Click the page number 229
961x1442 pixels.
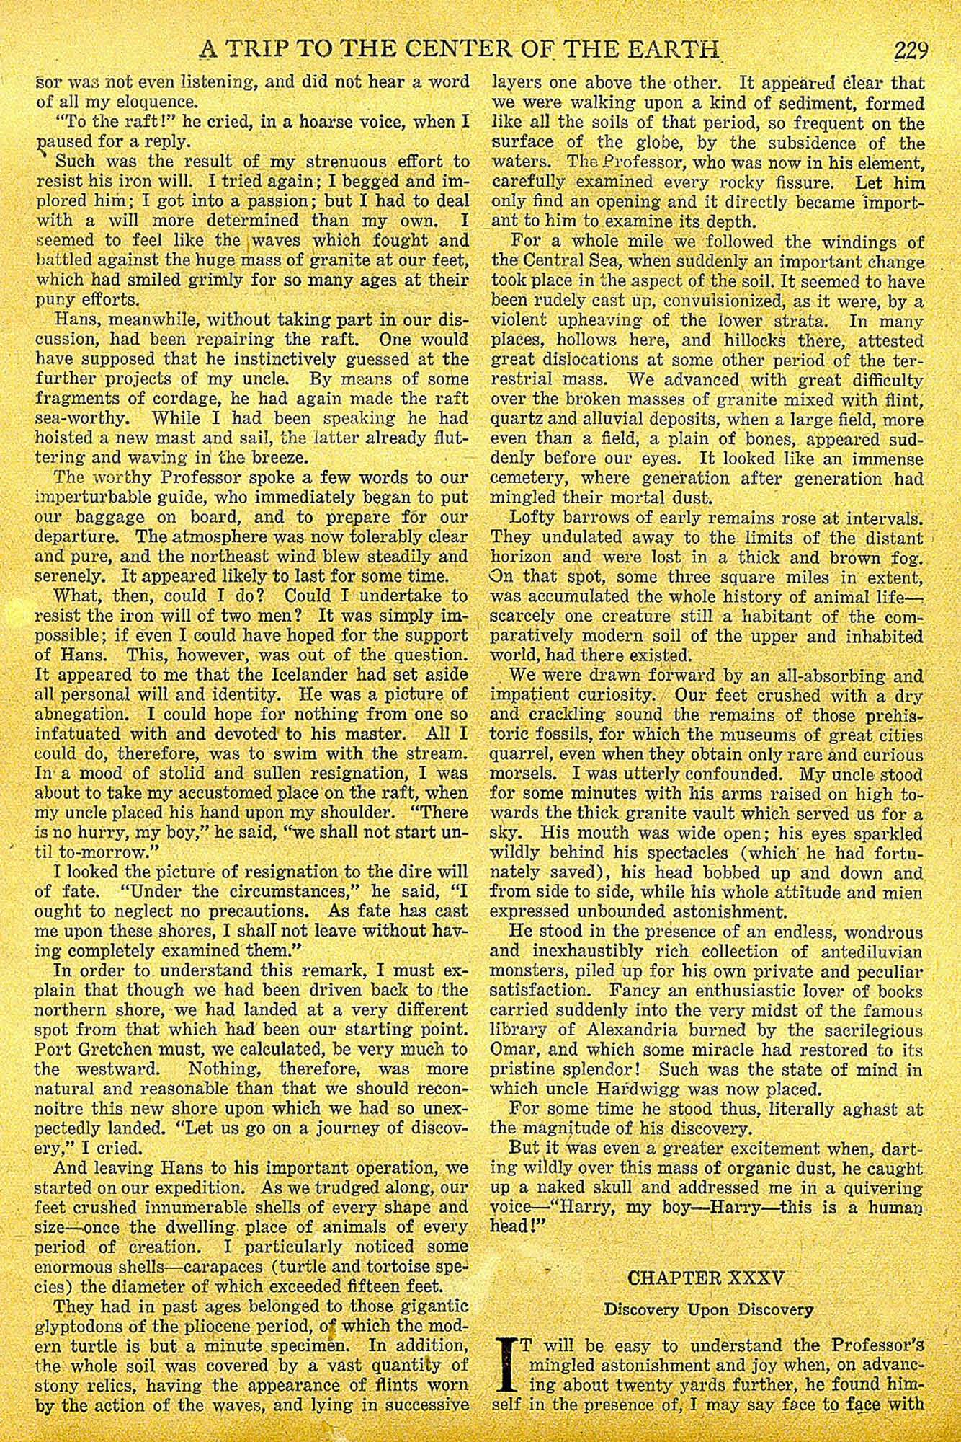tap(910, 51)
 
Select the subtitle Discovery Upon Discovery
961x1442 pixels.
tap(709, 1309)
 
